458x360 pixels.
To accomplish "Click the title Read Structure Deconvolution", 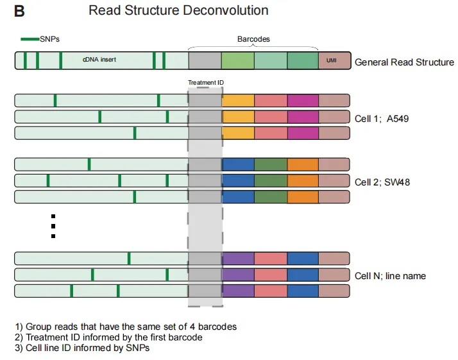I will click(178, 11).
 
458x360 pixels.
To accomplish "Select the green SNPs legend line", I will click(30, 39).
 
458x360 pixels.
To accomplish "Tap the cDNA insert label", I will click(99, 60).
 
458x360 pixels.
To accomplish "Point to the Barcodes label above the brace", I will click(253, 39).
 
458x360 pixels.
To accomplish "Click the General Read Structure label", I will click(404, 62).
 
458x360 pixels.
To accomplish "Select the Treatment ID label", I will click(205, 83).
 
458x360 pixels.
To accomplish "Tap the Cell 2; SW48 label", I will click(382, 182).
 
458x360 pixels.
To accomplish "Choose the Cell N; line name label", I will click(390, 276).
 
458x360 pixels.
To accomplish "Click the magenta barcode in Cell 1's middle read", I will click(303, 117).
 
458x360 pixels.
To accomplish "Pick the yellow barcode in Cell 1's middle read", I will click(238, 117).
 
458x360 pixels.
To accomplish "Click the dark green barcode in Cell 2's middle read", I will click(271, 180).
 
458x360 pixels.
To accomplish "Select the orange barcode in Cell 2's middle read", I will click(303, 180).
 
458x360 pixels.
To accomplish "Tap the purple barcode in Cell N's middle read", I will click(238, 275).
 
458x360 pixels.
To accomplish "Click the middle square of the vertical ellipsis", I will click(53, 226).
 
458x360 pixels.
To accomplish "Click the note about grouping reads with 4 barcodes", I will click(126, 327).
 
